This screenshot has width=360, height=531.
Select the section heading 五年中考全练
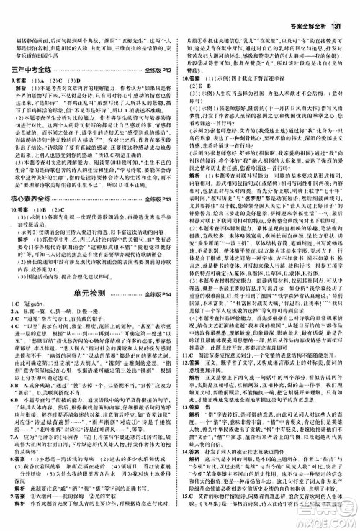[x=37, y=70]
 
